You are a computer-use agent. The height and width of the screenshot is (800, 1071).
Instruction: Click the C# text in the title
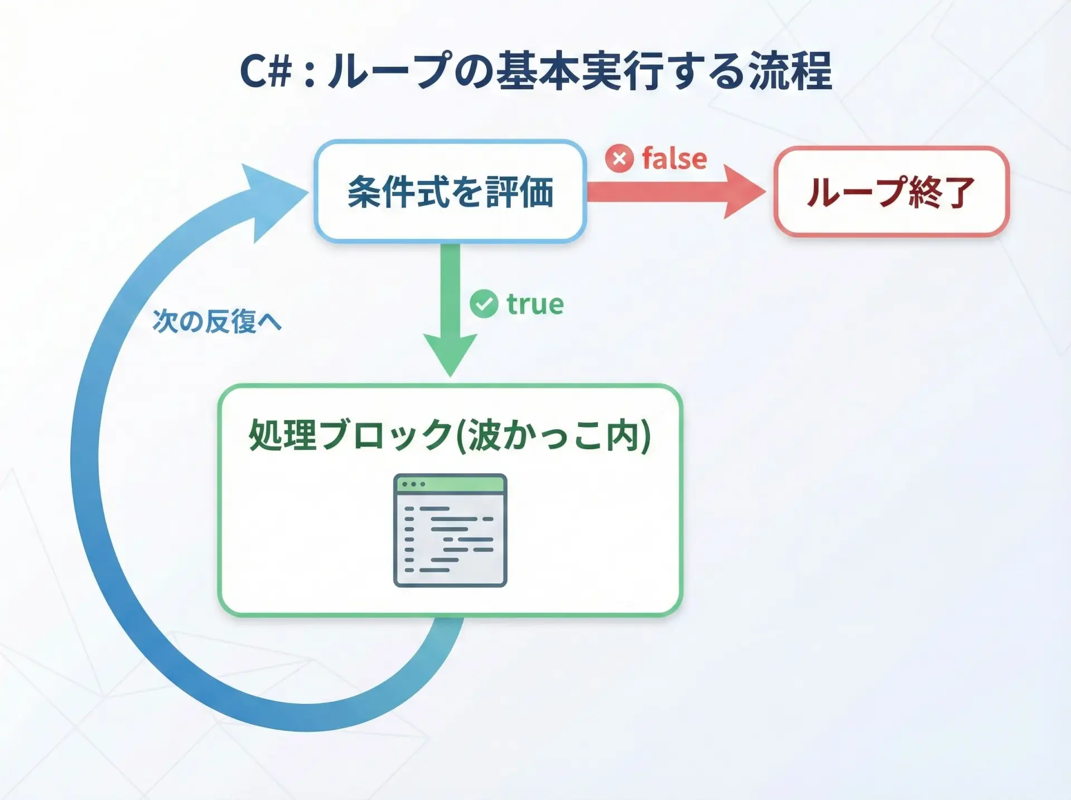coord(266,71)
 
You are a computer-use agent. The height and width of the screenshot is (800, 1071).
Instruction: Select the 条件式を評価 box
coord(450,191)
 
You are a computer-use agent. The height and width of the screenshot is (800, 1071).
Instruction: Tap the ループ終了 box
coord(891,191)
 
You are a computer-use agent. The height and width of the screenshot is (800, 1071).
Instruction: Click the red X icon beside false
coord(619,158)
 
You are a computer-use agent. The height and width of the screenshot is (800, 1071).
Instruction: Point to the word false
coord(674,158)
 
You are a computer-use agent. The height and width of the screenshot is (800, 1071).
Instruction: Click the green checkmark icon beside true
coord(484,304)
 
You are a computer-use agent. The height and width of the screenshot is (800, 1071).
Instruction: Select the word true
coord(535,305)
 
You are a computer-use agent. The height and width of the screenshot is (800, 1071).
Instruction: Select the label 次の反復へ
coord(217,321)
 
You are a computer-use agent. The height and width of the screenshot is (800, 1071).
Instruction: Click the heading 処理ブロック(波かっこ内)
coord(450,435)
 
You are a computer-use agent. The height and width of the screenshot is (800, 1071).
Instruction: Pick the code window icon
coord(450,530)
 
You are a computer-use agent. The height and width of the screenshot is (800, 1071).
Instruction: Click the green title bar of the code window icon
coord(450,484)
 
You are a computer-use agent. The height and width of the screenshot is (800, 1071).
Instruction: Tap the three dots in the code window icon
coord(413,484)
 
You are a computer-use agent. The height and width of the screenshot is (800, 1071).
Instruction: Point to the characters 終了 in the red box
coord(942,192)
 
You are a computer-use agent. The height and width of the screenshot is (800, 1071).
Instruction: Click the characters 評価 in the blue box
coord(520,191)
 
